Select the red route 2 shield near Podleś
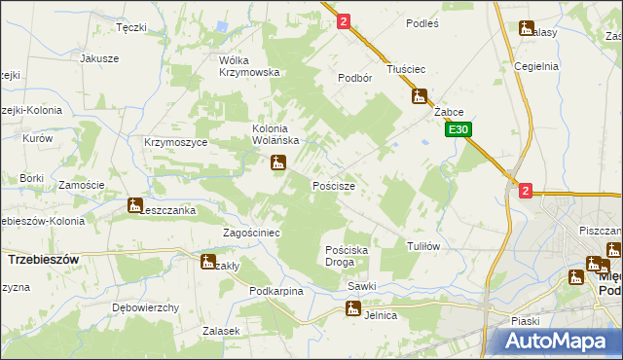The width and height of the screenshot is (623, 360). point(344,20)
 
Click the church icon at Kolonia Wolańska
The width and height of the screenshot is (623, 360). point(278,164)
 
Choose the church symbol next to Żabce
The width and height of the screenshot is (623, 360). point(420,96)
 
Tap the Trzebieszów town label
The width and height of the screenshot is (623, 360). point(43,260)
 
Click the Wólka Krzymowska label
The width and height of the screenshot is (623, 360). point(249,65)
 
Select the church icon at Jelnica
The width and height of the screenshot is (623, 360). point(352,309)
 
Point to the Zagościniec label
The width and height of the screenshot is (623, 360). point(251,234)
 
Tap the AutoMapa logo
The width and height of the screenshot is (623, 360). point(562,340)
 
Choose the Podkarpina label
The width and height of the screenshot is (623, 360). point(276,291)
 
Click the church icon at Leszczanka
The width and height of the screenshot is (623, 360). point(134,205)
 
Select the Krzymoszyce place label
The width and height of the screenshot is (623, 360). point(170,142)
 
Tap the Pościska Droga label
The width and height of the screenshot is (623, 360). point(346,256)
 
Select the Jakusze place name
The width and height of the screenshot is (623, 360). point(99,58)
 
